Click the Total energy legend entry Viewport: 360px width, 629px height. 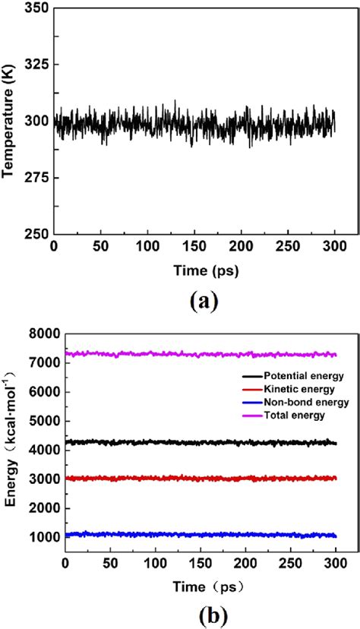(x=293, y=415)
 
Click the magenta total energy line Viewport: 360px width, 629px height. (x=190, y=354)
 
